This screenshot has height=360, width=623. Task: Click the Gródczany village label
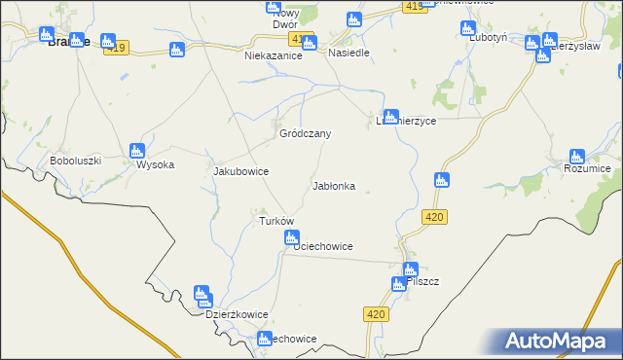pyautogui.click(x=307, y=133)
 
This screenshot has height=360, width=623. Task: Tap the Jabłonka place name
pyautogui.click(x=333, y=185)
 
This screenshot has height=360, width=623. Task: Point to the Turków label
pyautogui.click(x=275, y=221)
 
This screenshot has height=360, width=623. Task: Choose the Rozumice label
pyautogui.click(x=587, y=168)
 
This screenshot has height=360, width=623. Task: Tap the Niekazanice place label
pyautogui.click(x=274, y=56)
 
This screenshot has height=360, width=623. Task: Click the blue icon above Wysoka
pyautogui.click(x=136, y=151)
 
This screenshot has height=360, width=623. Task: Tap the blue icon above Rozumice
pyautogui.click(x=577, y=156)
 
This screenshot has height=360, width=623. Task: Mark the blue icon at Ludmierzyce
pyautogui.click(x=390, y=116)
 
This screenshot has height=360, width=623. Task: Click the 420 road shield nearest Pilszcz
pyautogui.click(x=379, y=314)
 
